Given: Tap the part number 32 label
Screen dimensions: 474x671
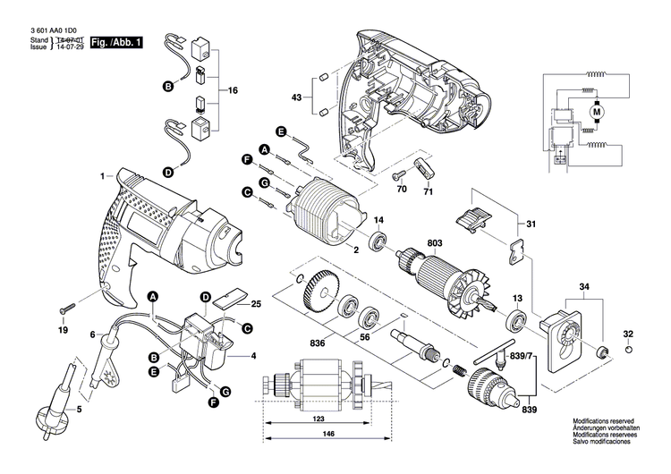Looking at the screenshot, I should pyautogui.click(x=628, y=334).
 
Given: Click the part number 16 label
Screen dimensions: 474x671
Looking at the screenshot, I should pyautogui.click(x=234, y=91).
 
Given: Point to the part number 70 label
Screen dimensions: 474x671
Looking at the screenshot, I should pyautogui.click(x=402, y=190).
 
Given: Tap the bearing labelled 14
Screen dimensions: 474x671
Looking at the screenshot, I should pyautogui.click(x=378, y=241).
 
